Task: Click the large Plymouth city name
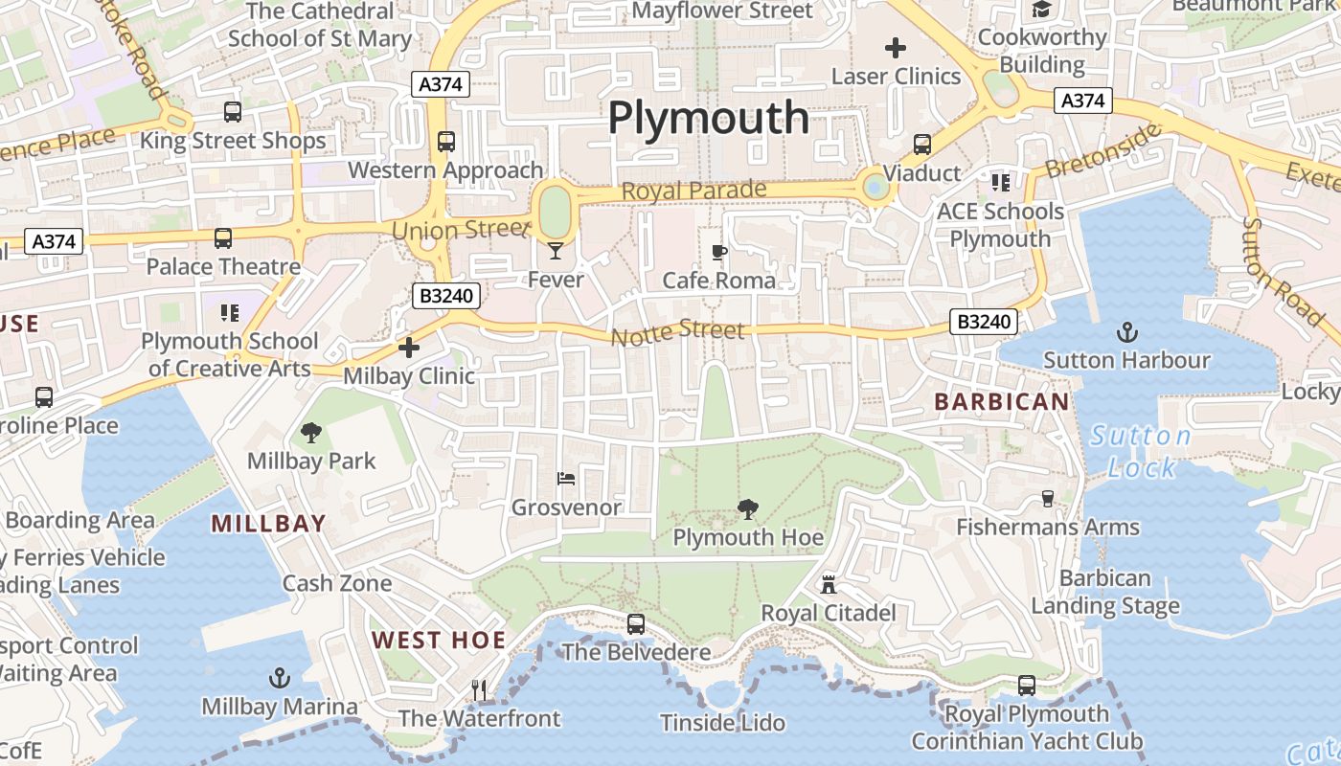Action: [709, 118]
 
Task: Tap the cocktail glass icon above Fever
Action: [556, 252]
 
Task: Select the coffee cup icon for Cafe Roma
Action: [719, 253]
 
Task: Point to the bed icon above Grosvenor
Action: [566, 479]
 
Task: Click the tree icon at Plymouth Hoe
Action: [748, 509]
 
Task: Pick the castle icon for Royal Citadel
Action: [829, 584]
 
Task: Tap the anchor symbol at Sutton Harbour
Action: [1127, 332]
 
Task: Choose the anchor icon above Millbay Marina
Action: [279, 679]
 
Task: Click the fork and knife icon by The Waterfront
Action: [479, 689]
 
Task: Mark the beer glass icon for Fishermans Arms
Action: [1047, 499]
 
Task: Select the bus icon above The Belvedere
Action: [636, 624]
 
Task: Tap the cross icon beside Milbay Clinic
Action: [409, 348]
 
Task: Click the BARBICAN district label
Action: [1001, 402]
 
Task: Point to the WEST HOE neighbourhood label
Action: [438, 641]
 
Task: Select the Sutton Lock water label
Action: [1141, 452]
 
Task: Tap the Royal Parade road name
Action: [694, 191]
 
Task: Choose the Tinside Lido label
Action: [723, 722]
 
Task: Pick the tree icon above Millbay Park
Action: [311, 433]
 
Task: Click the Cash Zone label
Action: [337, 583]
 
